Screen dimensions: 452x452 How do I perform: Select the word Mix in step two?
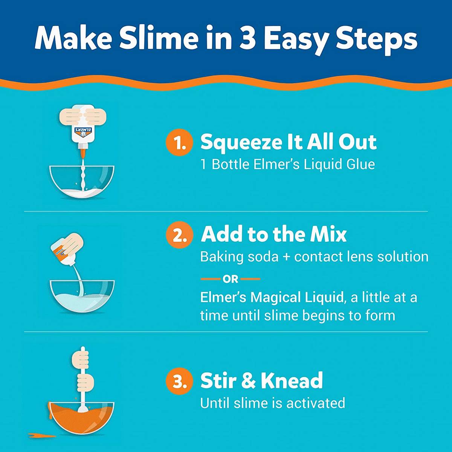pos(328,234)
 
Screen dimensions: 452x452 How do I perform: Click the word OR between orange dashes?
pos(231,279)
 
